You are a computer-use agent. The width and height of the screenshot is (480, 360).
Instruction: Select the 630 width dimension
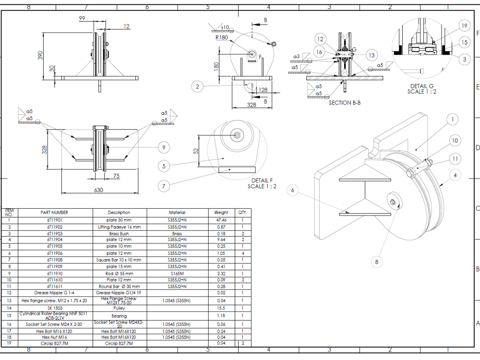(98, 190)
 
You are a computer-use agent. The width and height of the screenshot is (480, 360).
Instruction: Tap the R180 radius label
(221, 37)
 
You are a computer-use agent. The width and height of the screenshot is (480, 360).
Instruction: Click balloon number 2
(197, 87)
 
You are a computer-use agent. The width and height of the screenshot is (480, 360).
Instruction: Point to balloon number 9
(163, 147)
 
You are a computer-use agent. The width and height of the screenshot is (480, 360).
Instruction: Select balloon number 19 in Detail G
(464, 26)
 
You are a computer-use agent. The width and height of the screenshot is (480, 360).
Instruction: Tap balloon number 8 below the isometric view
(377, 262)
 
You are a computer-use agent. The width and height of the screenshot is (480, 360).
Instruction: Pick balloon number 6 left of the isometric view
(293, 191)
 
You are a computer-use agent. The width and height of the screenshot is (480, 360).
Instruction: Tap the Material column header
(177, 212)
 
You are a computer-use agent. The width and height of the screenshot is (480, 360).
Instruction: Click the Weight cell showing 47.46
(221, 219)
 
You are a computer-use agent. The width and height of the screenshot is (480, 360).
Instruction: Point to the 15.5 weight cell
(221, 308)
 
